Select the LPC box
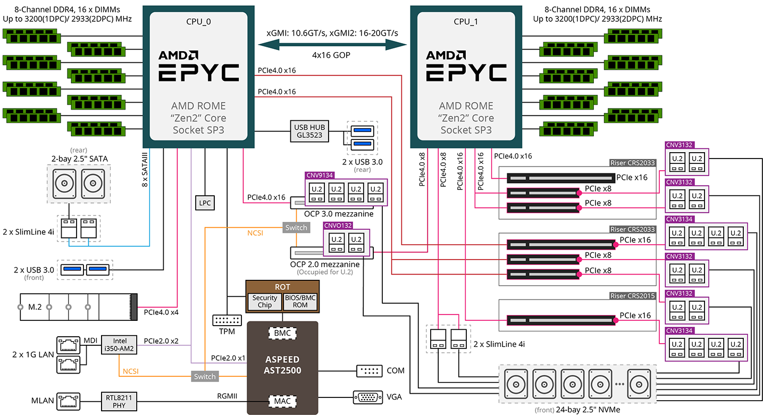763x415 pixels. pos(205,203)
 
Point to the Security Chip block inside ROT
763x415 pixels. pos(265,301)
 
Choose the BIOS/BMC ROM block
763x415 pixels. pos(300,301)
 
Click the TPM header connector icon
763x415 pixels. pos(227,320)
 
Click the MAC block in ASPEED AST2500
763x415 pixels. pos(282,400)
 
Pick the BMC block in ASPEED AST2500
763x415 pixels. pos(282,334)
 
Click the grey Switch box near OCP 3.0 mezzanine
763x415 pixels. pos(296,228)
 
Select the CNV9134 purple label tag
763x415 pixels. pos(319,175)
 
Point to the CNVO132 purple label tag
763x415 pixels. pos(338,226)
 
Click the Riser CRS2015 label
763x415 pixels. pos(632,296)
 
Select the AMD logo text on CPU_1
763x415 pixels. pos(445,55)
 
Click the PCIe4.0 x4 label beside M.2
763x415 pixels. pos(161,312)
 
